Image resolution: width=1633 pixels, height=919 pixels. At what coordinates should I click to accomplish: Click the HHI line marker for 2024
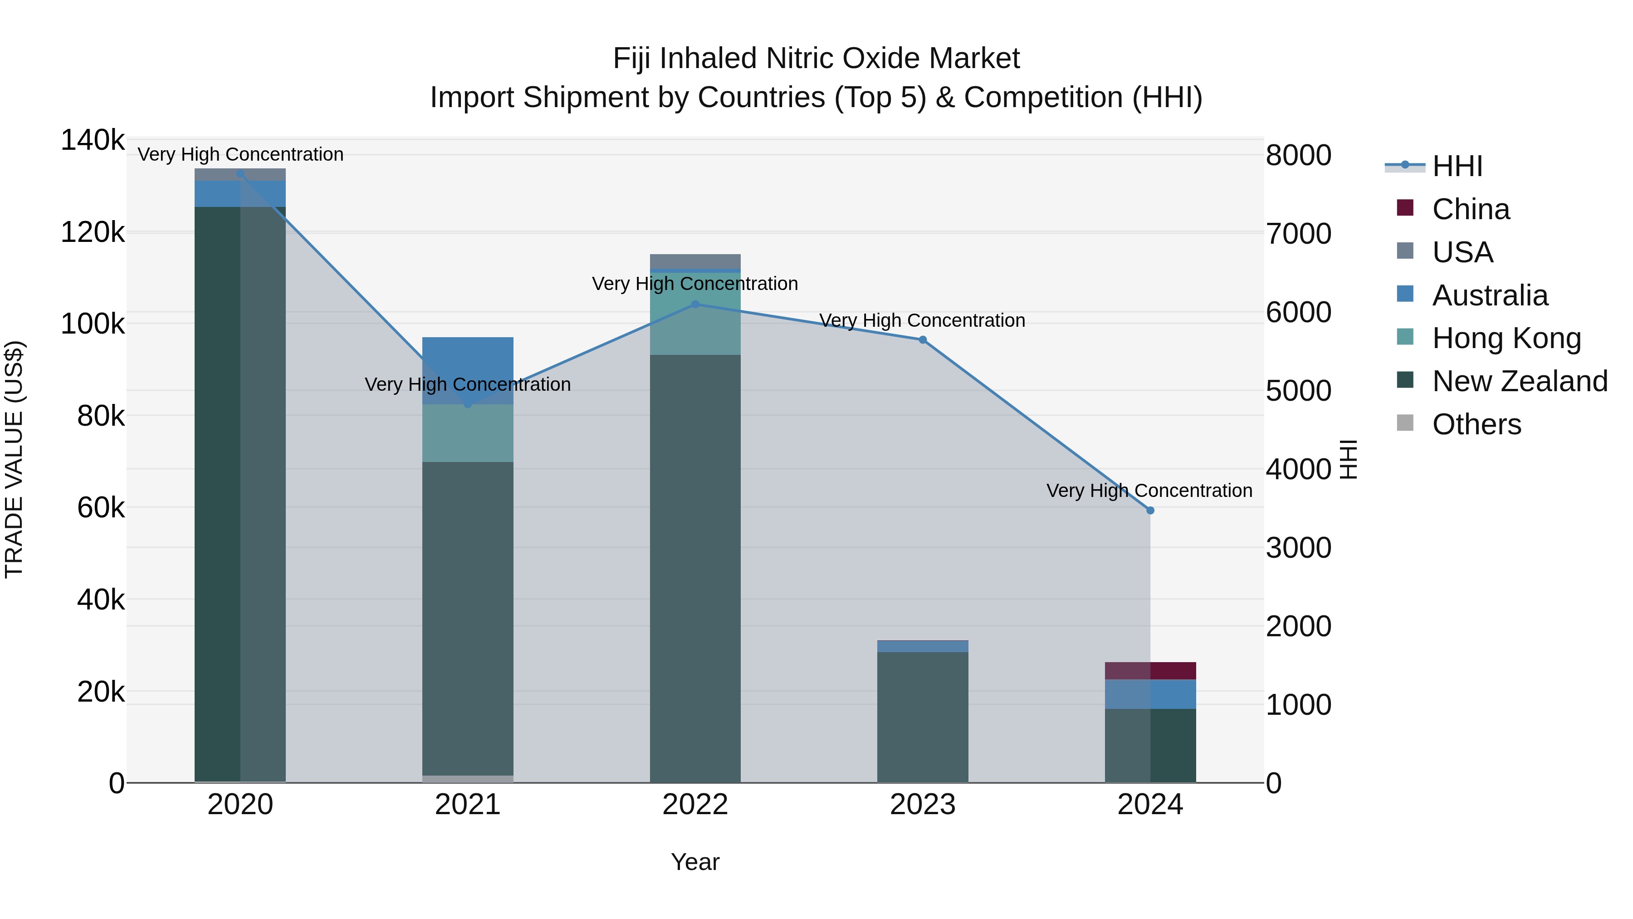tap(1150, 511)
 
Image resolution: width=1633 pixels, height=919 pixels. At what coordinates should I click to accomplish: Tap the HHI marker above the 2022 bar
tap(695, 305)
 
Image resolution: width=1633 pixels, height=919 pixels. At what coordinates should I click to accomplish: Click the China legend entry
tap(1470, 209)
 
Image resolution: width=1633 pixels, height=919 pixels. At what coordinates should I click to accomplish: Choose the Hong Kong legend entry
tap(1506, 338)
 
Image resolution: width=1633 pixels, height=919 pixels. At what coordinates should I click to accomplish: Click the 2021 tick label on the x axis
tap(467, 804)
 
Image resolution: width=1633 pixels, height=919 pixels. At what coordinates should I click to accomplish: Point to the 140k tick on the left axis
tap(93, 140)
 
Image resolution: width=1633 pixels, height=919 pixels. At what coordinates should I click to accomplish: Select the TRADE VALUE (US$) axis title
tap(15, 459)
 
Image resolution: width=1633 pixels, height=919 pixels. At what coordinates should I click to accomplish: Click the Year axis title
tap(695, 862)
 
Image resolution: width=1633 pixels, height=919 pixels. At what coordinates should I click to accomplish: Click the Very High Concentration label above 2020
tap(240, 154)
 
